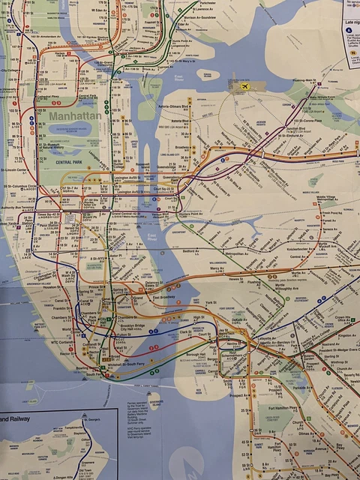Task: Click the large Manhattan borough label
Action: [75, 118]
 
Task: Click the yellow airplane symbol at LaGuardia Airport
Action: [244, 88]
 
